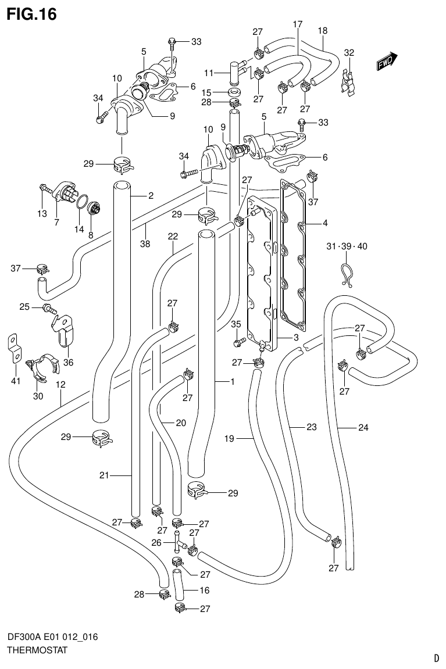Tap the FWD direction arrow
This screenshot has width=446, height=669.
[x=386, y=62]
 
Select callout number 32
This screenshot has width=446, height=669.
[x=349, y=53]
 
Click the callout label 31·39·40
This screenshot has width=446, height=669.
[x=347, y=246]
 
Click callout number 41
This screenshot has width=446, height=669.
[x=16, y=381]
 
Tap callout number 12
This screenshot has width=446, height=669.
[x=60, y=384]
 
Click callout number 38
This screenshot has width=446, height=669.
[x=145, y=244]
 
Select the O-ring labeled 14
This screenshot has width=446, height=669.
[x=82, y=202]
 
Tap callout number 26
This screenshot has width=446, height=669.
[x=156, y=542]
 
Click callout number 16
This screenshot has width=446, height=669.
[x=204, y=590]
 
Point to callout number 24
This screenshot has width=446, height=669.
[x=363, y=428]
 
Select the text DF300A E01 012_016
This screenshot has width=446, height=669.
[x=52, y=638]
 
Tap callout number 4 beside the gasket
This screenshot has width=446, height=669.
[x=325, y=223]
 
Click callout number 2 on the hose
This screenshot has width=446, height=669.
[x=151, y=196]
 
